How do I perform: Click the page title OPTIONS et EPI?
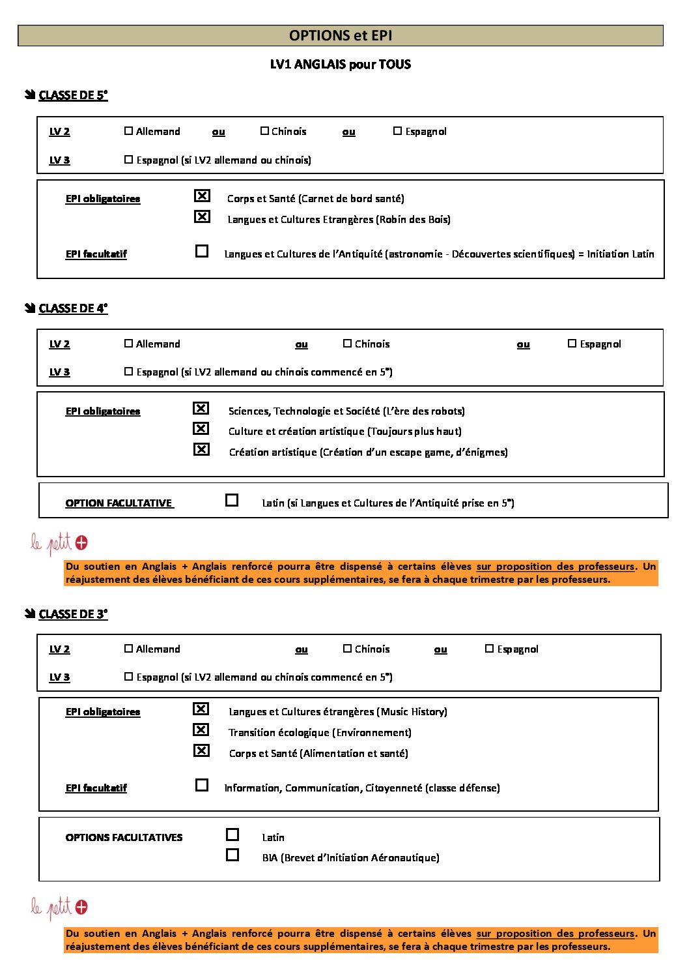340,36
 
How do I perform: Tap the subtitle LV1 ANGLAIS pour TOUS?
340,64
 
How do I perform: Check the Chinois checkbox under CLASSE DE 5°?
264,131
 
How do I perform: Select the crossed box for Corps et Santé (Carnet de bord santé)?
203,196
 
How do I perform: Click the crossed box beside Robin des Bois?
203,216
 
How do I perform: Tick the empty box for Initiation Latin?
202,251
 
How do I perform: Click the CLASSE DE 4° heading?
73,308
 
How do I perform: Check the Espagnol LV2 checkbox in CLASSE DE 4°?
572,344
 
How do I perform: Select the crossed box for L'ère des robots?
201,408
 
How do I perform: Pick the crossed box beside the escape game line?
201,449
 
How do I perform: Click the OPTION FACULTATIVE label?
119,503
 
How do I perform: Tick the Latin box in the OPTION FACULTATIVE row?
232,500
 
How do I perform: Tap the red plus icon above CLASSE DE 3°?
81,542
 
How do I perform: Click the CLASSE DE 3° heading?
73,614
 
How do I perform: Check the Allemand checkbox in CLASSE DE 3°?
128,649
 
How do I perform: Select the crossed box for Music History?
201,709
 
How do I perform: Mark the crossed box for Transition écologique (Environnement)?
201,730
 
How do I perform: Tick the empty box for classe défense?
202,785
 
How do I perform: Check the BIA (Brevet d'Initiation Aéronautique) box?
232,855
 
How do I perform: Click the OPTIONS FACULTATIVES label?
124,837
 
